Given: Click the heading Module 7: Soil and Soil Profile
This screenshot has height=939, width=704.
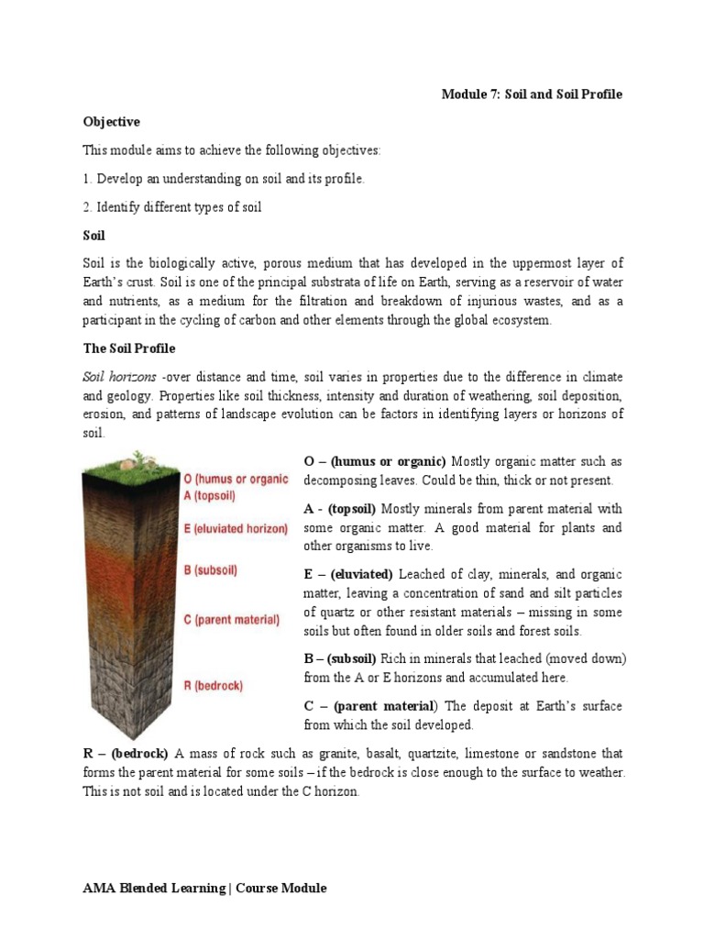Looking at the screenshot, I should (x=532, y=95).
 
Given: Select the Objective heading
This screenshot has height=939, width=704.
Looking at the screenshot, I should (x=111, y=122).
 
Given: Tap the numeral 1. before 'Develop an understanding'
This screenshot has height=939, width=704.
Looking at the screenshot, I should (x=87, y=179).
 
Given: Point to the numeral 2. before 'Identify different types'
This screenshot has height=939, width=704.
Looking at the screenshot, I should (x=88, y=207).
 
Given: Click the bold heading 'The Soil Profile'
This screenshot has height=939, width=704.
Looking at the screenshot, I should (x=128, y=349).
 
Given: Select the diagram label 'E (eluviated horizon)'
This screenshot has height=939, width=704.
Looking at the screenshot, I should (x=236, y=529).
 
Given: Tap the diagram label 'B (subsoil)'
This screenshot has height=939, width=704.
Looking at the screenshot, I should (x=211, y=570).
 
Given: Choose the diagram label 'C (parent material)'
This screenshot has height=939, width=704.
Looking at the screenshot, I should (x=231, y=620).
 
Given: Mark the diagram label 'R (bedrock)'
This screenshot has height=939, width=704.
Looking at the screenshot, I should (x=214, y=684).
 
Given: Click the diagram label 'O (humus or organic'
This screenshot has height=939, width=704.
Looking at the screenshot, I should (x=236, y=479).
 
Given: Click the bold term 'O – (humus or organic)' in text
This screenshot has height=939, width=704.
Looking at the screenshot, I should (x=374, y=461).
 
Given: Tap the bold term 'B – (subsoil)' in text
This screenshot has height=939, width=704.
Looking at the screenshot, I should (x=340, y=658).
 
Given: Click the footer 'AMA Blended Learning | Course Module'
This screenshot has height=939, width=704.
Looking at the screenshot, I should (x=204, y=889).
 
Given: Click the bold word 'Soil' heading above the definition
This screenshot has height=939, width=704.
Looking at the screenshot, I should (x=93, y=236).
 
